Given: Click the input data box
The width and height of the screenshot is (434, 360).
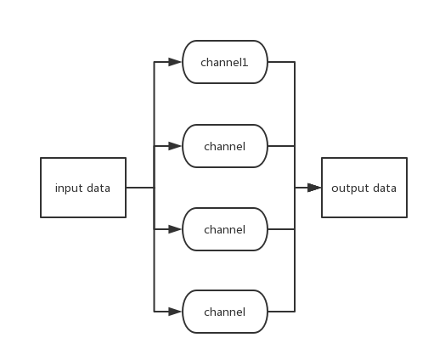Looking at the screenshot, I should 83,188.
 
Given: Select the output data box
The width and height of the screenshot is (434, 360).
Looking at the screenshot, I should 364,188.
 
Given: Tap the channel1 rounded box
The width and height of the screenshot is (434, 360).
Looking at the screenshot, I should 225,63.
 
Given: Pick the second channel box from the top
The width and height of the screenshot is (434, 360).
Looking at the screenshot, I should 225,146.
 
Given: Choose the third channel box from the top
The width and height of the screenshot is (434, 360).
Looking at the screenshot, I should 225,229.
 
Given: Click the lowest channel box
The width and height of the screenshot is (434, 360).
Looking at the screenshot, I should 225,312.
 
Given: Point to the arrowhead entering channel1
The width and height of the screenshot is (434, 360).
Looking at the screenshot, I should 176,63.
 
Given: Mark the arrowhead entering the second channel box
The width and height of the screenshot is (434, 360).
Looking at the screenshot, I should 176,146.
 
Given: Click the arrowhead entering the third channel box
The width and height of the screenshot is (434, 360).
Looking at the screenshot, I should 176,229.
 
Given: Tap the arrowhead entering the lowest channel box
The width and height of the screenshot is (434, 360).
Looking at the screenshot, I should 176,312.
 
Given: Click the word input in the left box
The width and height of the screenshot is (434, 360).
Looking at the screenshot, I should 69,188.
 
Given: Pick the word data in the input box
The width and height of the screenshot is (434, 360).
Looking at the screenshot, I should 98,188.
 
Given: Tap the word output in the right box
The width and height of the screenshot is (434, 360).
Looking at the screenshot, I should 347,188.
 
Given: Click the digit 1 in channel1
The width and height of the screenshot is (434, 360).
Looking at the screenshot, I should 246,63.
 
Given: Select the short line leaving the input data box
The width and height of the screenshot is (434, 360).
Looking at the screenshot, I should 139,188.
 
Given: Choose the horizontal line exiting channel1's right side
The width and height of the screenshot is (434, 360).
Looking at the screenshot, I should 281,63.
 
